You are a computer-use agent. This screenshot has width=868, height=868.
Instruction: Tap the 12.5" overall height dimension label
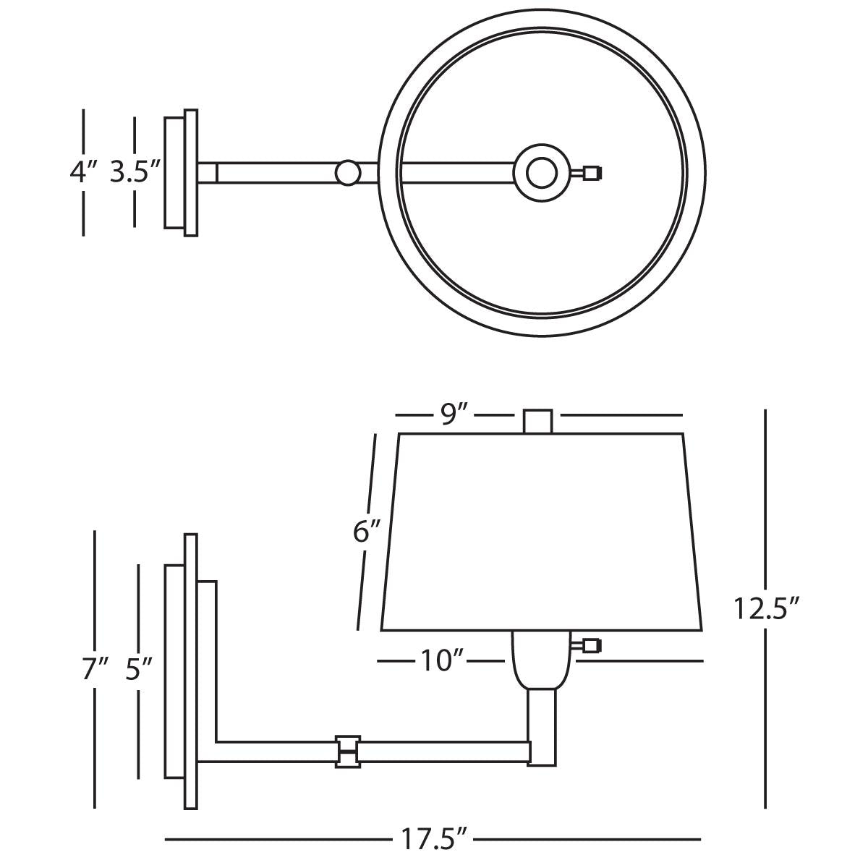point(766,608)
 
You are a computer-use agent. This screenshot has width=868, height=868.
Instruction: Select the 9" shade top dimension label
point(455,414)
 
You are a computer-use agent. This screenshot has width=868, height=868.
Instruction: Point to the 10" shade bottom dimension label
point(441,661)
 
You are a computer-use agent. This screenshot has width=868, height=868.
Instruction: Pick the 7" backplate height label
point(95,668)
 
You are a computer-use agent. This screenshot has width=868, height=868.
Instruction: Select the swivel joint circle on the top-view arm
point(348,173)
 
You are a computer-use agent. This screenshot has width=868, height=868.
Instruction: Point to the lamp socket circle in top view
point(542,173)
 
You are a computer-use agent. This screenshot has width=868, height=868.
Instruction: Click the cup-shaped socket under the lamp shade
point(542,659)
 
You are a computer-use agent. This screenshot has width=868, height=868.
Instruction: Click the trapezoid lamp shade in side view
point(542,532)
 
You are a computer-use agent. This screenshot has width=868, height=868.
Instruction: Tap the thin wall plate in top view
point(191,173)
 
